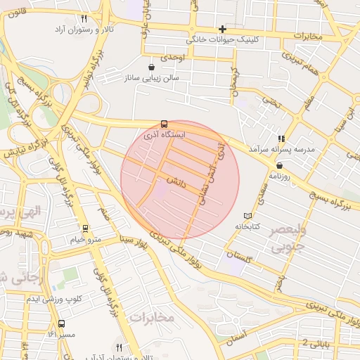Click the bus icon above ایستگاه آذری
pyautogui.click(x=165, y=122)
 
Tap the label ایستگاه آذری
pyautogui.click(x=165, y=133)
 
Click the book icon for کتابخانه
pyautogui.click(x=247, y=217)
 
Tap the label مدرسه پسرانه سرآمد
pyautogui.click(x=281, y=150)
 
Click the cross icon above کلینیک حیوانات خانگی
pyautogui.click(x=223, y=29)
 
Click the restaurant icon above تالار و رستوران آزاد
pyautogui.click(x=84, y=19)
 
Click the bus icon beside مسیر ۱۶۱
pyautogui.click(x=62, y=324)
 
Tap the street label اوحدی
pyautogui.click(x=173, y=56)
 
